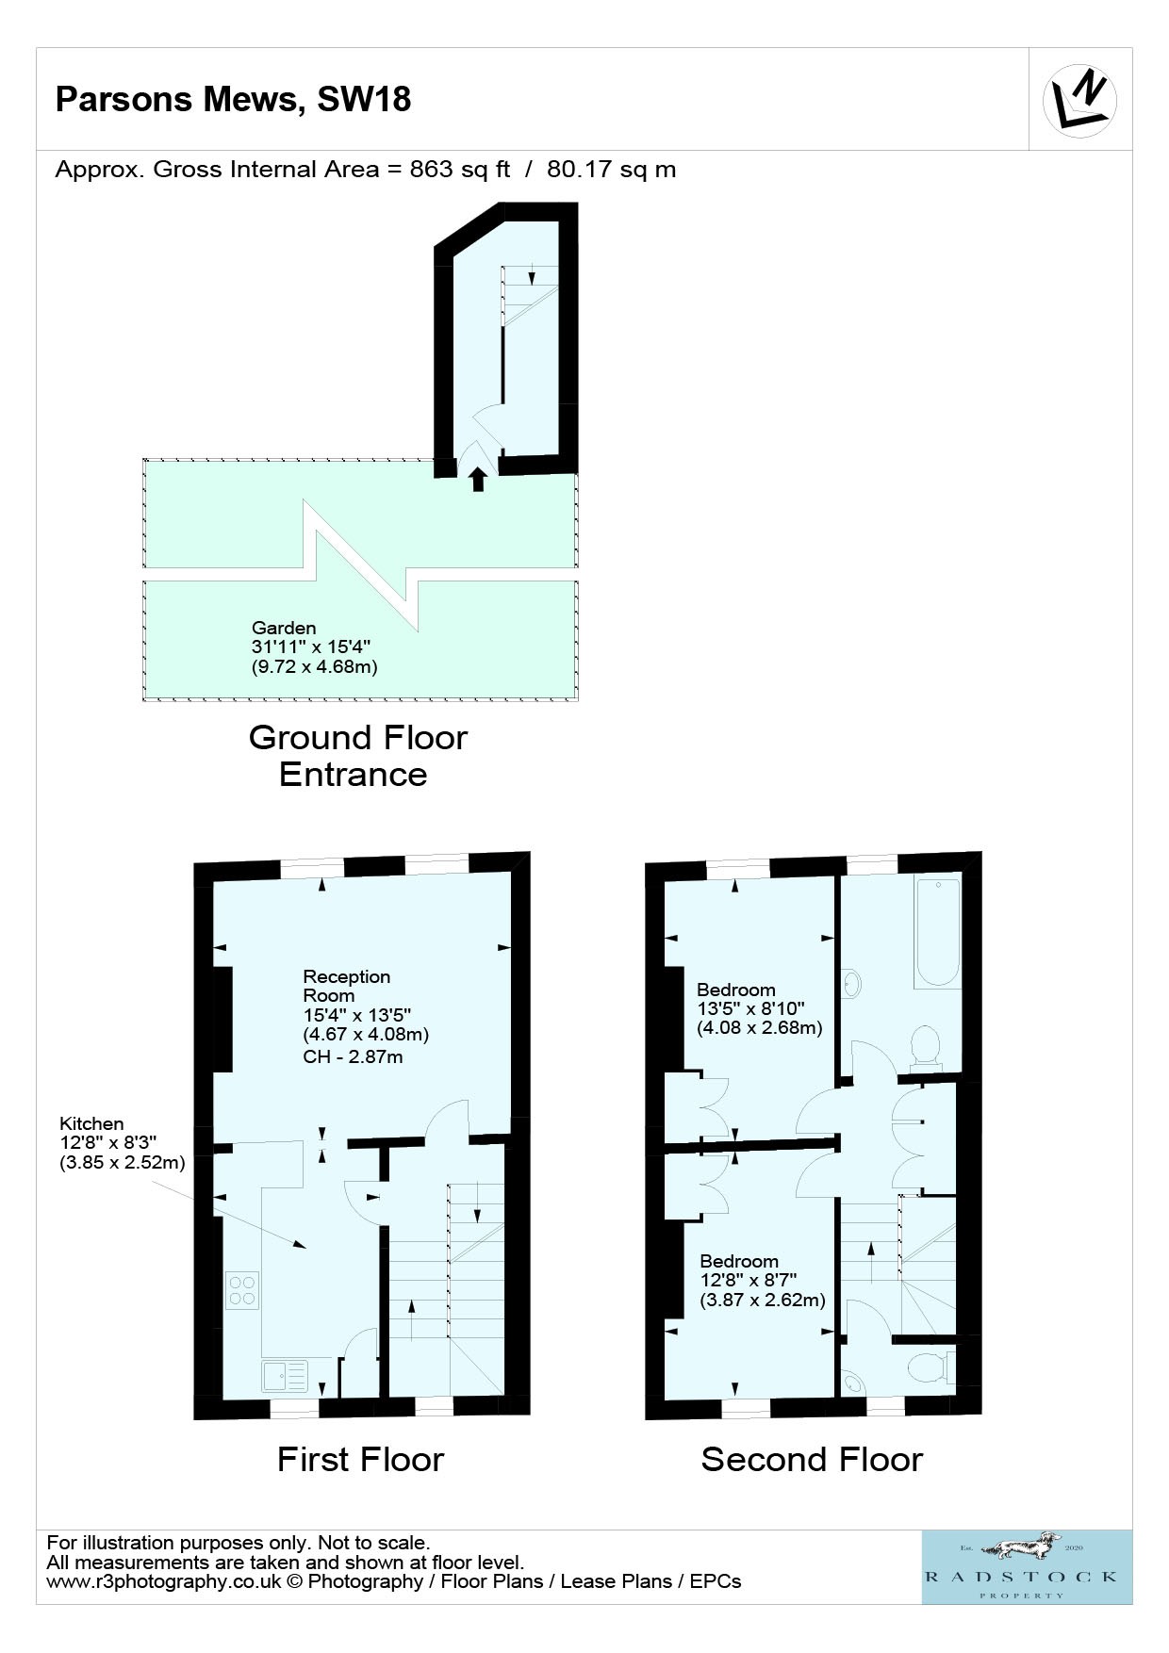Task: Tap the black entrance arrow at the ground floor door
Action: point(478,479)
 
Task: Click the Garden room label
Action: point(284,628)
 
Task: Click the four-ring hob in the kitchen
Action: point(243,1290)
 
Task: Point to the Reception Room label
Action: point(346,986)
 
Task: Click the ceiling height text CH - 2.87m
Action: point(353,1056)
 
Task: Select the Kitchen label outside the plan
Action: point(91,1123)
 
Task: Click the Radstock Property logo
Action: point(1027,1566)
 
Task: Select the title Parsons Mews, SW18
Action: point(233,100)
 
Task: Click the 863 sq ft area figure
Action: point(460,170)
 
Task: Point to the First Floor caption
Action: point(360,1460)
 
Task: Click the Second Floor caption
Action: point(812,1460)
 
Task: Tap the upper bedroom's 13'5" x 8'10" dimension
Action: point(750,1008)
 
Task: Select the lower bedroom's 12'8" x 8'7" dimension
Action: point(749,1280)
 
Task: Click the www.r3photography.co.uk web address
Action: point(164,1581)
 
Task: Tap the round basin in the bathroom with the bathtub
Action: point(852,983)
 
